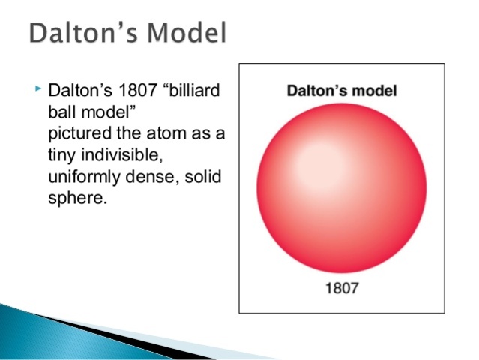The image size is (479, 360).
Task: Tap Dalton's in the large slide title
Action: coord(79,34)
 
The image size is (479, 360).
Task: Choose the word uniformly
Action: coord(85,179)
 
